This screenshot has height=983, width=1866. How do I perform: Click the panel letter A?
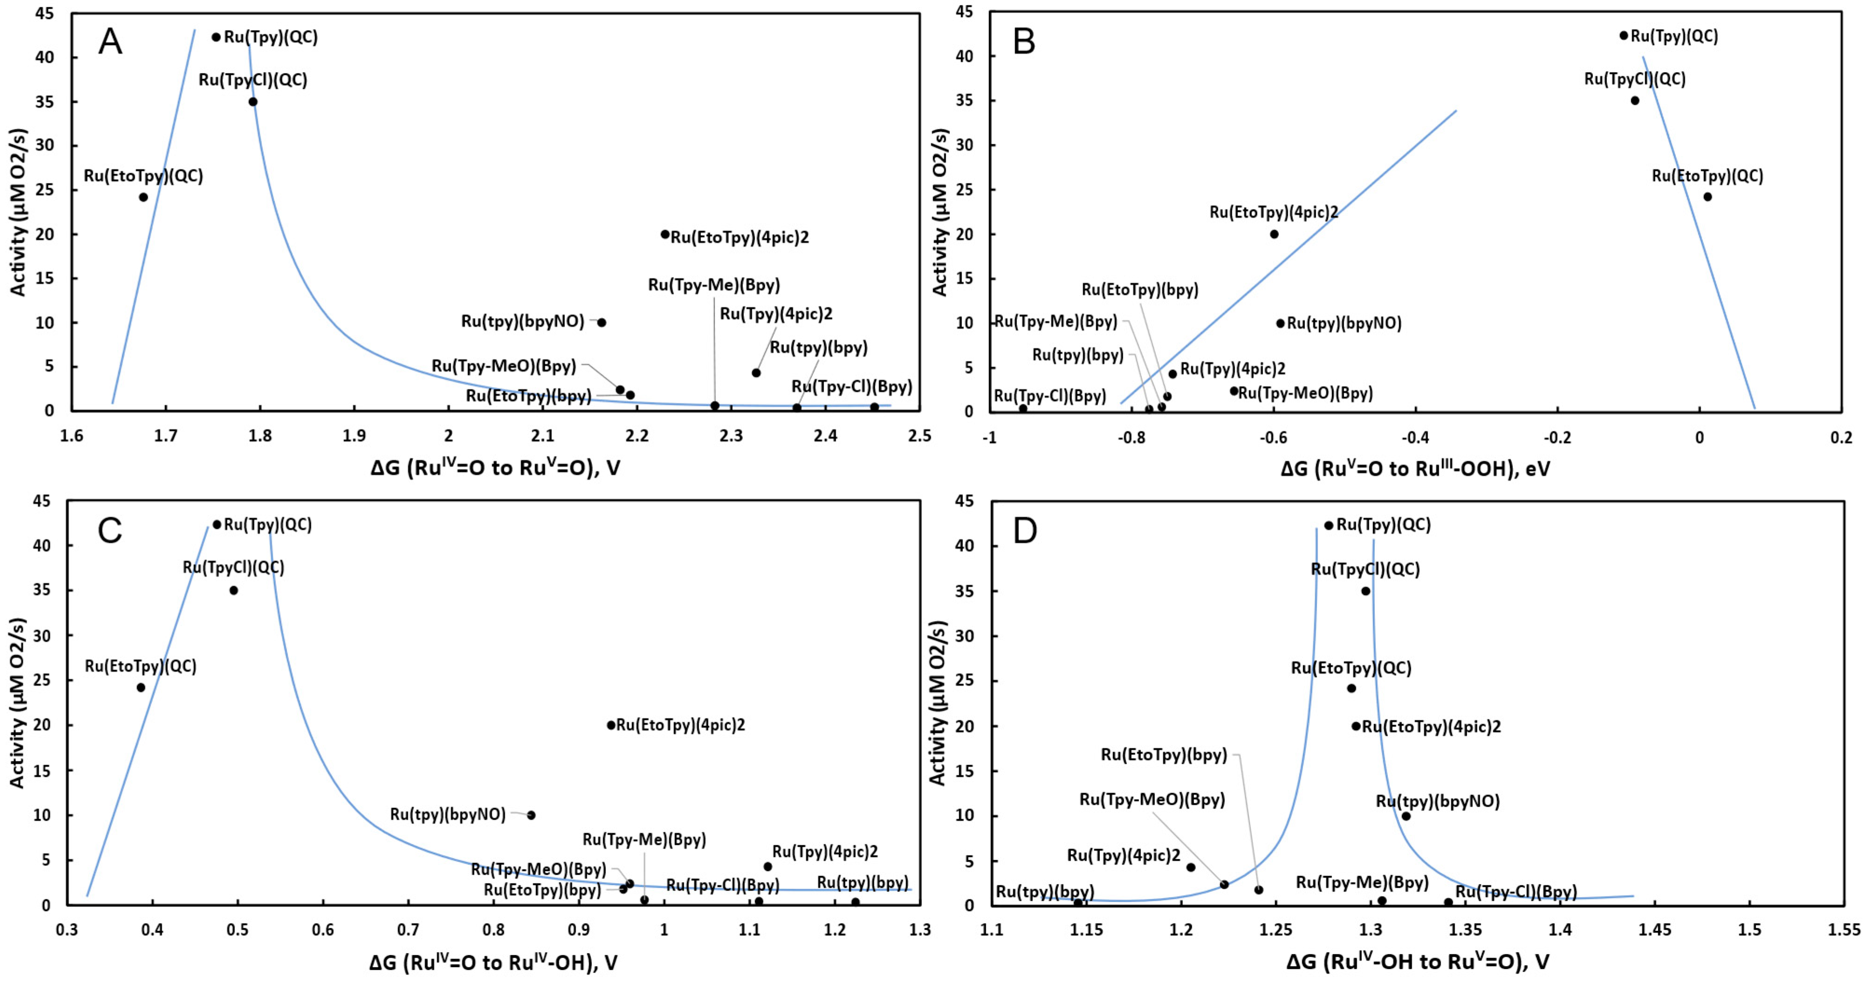[x=110, y=41]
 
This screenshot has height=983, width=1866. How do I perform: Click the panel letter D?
[x=1025, y=531]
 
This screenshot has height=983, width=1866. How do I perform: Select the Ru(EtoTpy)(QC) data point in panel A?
[x=144, y=197]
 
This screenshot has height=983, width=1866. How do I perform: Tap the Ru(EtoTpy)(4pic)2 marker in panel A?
[x=665, y=234]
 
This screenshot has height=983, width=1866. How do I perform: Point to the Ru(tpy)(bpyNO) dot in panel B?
[x=1280, y=323]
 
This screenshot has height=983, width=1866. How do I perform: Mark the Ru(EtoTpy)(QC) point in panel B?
[x=1708, y=196]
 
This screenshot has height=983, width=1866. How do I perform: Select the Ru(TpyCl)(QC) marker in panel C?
[x=233, y=590]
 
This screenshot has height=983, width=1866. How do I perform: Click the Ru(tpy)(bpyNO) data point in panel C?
[x=531, y=815]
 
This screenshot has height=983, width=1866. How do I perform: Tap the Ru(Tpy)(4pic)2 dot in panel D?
[x=1191, y=867]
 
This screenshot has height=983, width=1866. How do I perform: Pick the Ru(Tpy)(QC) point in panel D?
[x=1329, y=525]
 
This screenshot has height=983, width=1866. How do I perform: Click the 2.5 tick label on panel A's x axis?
[x=919, y=436]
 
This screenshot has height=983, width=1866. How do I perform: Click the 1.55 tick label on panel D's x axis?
[x=1843, y=930]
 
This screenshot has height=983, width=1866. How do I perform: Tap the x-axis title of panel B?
[x=1415, y=469]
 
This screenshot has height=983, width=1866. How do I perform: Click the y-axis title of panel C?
[x=17, y=703]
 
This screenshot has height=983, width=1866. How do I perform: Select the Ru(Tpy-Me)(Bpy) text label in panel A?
[x=713, y=285]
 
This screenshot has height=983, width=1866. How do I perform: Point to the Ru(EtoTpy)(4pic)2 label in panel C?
[x=680, y=725]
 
